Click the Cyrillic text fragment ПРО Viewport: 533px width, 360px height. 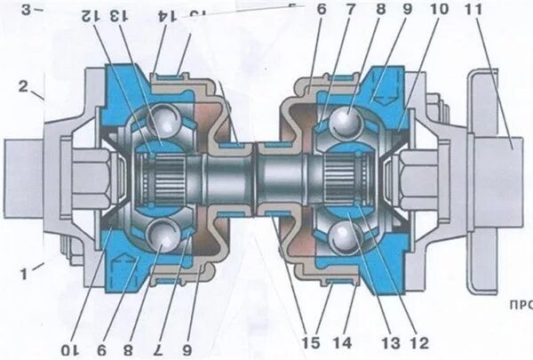tap(519, 303)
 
